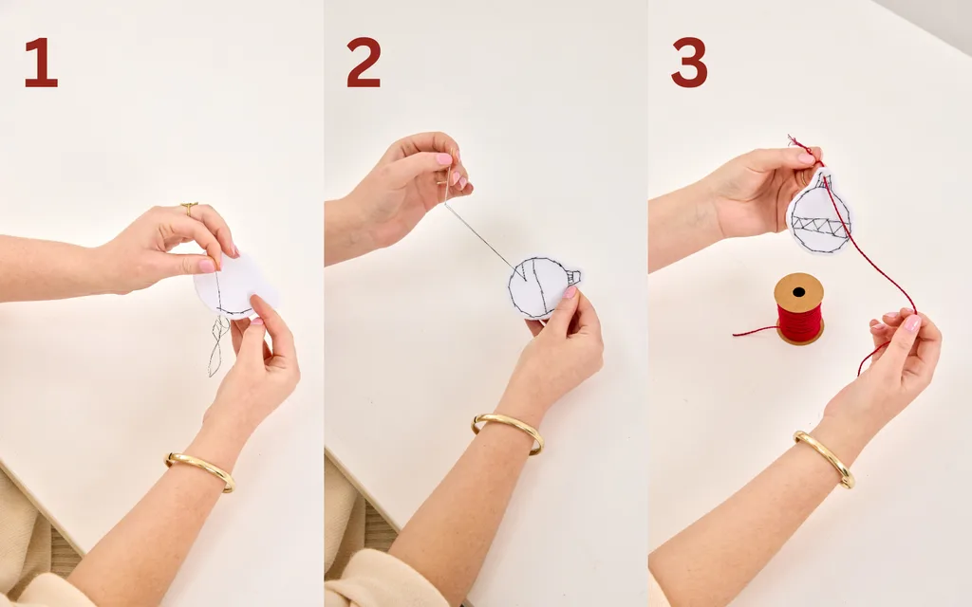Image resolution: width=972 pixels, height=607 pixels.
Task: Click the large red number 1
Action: [41, 62]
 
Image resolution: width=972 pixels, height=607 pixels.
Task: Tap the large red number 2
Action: [364, 62]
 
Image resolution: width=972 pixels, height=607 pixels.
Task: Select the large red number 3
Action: [689, 62]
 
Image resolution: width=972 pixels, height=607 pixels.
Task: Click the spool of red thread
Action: [799, 308]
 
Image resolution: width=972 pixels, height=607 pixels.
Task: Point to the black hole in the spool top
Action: [798, 292]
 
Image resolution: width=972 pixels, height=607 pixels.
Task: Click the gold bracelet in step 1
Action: [200, 470]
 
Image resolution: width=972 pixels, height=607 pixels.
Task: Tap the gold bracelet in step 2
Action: [509, 432]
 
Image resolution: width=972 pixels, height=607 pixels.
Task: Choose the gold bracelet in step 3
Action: [826, 458]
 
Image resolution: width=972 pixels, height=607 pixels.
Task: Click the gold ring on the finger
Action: [189, 206]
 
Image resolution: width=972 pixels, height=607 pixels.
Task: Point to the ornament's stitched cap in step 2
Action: [573, 277]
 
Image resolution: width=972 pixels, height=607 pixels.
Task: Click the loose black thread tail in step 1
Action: [218, 345]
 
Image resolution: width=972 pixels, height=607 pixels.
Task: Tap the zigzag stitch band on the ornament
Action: [819, 227]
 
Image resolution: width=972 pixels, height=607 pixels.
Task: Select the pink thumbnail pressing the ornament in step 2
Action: [570, 292]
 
